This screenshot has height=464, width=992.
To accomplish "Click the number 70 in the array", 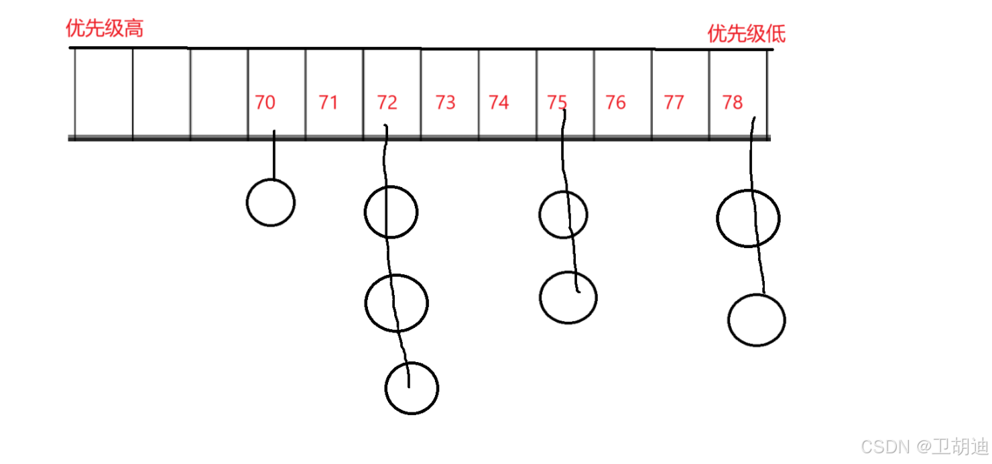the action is pos(265,103).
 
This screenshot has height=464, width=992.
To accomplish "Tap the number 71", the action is pos(328,103).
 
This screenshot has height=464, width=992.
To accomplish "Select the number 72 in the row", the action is pos(387,103).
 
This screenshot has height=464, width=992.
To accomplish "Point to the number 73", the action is pos(445,103).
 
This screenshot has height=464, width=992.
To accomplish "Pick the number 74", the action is pos(499,103).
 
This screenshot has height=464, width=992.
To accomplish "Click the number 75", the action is pos(557,103).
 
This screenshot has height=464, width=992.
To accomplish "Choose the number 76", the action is pos(615,103).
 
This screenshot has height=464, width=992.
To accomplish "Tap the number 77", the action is pos(674,103).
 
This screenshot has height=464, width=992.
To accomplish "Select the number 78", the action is pos(733,103).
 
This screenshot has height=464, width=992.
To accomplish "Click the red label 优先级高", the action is pos(105,28).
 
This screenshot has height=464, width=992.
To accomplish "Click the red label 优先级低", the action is pos(746,34).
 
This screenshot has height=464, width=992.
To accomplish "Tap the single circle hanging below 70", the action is pos(271,202).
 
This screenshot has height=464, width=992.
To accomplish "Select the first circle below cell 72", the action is pos(391,212).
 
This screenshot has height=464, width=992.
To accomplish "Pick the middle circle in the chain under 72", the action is pos(397,302).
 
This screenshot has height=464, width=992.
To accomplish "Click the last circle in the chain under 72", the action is pos(412,388).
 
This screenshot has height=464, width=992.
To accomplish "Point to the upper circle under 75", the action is pos(563,215).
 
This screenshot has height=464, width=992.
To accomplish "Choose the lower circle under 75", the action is pos(568,297).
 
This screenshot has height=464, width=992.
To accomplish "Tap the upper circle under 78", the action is pos(748,219).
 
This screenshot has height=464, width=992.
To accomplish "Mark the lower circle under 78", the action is pos(757,321).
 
